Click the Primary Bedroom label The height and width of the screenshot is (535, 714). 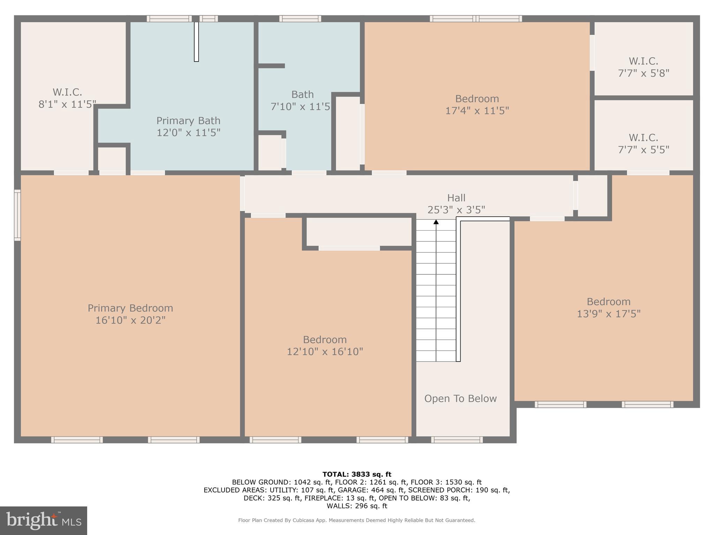tap(130, 308)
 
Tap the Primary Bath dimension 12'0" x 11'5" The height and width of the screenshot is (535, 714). tap(188, 133)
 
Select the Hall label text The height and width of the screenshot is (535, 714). tap(456, 198)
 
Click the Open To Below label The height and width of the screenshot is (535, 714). tap(460, 398)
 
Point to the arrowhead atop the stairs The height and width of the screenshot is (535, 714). tap(436, 222)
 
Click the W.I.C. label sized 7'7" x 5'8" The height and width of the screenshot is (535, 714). tap(643, 61)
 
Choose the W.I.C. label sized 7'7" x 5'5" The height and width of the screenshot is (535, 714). tap(643, 138)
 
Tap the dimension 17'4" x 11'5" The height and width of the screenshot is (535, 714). tap(477, 111)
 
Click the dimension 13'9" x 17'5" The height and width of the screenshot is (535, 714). tap(608, 314)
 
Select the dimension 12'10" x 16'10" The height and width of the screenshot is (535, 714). tap(325, 351)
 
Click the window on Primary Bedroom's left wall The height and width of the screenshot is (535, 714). tap(17, 215)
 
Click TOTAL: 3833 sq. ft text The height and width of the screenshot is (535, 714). tap(357, 474)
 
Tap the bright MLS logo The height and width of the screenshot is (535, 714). tap(44, 521)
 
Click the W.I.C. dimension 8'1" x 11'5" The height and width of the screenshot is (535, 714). tap(67, 104)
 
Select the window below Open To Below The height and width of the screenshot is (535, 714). tap(457, 440)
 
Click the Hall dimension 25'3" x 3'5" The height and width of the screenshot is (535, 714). tap(456, 210)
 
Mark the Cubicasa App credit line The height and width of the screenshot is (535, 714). tap(356, 520)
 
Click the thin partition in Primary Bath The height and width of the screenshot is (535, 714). tap(196, 42)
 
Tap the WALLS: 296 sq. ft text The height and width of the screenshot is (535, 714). tap(357, 506)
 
